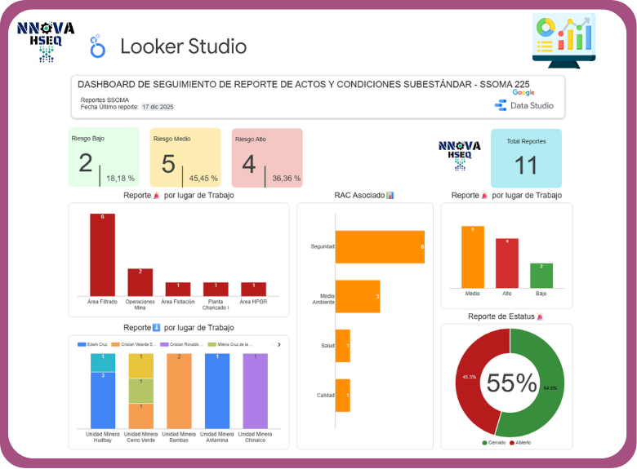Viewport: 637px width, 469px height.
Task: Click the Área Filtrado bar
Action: point(102,254)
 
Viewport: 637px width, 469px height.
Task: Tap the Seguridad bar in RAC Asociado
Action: point(380,246)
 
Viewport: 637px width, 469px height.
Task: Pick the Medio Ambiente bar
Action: point(358,296)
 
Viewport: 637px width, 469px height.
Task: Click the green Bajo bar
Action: point(541,276)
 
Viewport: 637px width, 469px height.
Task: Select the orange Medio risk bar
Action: point(472,257)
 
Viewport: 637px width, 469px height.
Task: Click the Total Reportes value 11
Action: point(526,166)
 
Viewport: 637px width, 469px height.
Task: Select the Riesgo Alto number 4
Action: point(248,164)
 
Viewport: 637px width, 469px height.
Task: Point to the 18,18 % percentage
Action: point(120,178)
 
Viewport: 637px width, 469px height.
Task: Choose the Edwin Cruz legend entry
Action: point(95,345)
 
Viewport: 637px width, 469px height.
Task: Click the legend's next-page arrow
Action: point(279,345)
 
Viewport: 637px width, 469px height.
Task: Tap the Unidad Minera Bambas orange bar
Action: point(178,391)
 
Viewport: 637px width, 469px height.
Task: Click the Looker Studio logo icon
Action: point(98,46)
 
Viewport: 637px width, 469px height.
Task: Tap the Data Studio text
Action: point(532,105)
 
